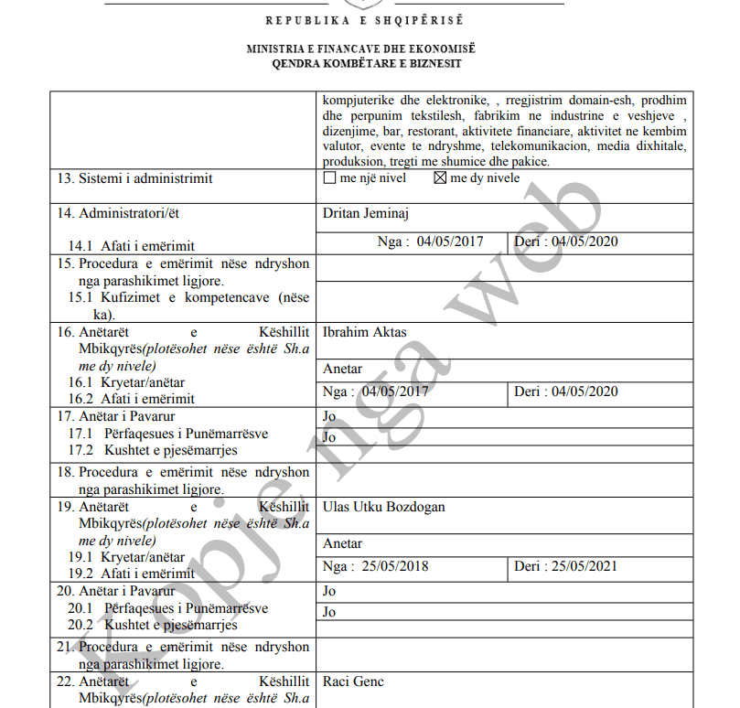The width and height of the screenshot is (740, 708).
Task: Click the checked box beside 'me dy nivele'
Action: point(440,178)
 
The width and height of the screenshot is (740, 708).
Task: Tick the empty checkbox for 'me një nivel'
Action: point(330,178)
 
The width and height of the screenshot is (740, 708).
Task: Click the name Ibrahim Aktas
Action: point(365,332)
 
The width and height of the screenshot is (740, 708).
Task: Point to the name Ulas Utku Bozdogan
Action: point(384,507)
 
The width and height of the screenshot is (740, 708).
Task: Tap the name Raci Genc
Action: point(353,681)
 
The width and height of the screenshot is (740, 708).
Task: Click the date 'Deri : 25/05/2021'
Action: point(565,566)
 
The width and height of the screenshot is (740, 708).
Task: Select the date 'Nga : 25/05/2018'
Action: point(375,566)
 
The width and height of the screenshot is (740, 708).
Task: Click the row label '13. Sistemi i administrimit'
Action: point(134,178)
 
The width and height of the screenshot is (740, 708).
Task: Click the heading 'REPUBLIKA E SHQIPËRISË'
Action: point(365,20)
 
